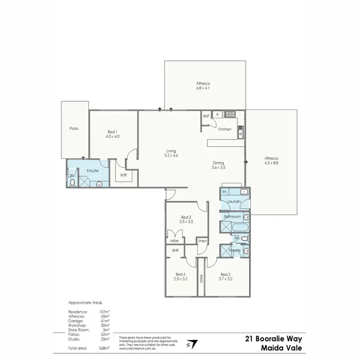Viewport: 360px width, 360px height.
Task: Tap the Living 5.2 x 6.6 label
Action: (x=170, y=153)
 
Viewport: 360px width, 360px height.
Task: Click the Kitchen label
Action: (x=225, y=129)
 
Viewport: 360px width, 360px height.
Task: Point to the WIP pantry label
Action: (x=206, y=116)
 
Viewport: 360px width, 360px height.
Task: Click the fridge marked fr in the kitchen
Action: (x=217, y=115)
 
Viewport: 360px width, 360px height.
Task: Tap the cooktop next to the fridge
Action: (x=230, y=114)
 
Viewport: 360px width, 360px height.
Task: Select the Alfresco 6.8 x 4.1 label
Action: (x=203, y=85)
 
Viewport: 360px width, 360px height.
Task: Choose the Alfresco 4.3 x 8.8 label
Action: (x=271, y=161)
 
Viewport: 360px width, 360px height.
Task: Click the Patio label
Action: (x=73, y=129)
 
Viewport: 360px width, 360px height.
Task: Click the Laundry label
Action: (x=234, y=202)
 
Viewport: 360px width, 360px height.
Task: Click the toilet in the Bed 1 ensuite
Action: (x=72, y=182)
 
